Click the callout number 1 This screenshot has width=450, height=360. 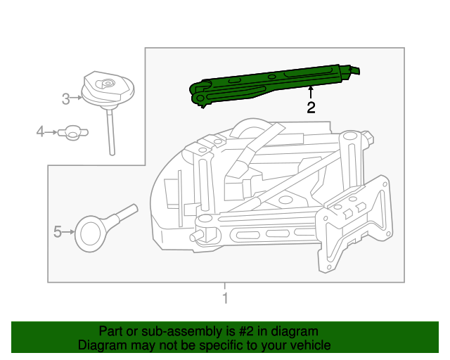[225, 299]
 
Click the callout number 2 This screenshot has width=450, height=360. [310, 108]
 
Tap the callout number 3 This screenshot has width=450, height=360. [65, 99]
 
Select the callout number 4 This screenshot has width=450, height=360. [41, 131]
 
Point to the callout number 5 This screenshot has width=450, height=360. [58, 231]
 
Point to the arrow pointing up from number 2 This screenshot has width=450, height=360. [310, 92]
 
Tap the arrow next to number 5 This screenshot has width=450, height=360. [69, 231]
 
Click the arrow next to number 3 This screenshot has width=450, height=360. [77, 99]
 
